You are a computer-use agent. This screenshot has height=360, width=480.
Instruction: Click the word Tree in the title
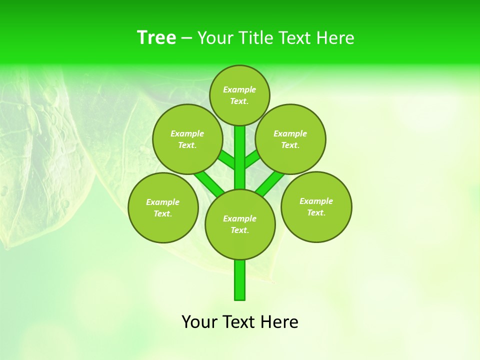(x=156, y=37)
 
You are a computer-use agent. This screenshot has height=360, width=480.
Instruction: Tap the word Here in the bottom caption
(x=279, y=322)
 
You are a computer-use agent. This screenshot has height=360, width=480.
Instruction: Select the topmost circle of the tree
(x=239, y=95)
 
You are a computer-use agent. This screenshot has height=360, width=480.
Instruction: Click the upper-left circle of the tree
(x=187, y=139)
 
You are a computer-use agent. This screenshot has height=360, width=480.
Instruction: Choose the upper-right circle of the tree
(x=290, y=139)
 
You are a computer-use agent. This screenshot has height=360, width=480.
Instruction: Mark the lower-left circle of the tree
(x=163, y=207)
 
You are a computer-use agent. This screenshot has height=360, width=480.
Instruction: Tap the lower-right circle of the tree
(x=316, y=206)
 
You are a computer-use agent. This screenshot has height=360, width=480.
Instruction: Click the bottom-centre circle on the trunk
(x=240, y=224)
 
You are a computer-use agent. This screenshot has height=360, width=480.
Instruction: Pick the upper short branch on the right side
(x=251, y=159)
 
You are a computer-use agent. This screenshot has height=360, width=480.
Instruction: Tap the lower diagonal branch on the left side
(x=209, y=182)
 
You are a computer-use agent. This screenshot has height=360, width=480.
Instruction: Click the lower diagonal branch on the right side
(x=270, y=182)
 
